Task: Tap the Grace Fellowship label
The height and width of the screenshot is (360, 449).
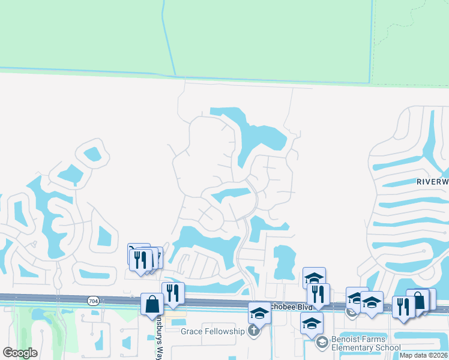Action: tap(213, 331)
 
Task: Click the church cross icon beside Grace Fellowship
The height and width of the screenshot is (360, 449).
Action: tap(254, 331)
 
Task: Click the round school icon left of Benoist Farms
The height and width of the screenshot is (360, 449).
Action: tap(322, 343)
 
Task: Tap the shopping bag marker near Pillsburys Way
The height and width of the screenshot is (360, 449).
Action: tap(152, 304)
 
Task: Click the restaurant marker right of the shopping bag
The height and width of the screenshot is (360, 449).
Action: tap(173, 293)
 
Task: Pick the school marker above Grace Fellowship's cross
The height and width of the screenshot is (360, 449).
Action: tap(259, 313)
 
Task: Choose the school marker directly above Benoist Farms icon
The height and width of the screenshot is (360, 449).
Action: tap(312, 323)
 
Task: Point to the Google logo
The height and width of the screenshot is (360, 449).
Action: tap(20, 353)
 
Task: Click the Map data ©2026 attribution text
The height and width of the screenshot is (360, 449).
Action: tap(424, 355)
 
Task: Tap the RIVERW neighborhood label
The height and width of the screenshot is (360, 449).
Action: tap(432, 181)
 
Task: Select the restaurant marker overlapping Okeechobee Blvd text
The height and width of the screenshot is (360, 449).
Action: tap(318, 295)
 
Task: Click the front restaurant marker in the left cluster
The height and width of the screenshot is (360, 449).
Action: tap(140, 260)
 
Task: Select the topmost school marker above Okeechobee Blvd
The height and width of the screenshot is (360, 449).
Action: tap(314, 278)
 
